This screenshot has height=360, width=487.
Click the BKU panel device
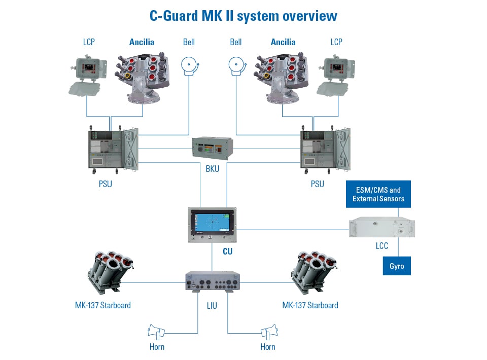(x=213, y=148)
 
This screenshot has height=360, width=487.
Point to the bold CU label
(x=228, y=251)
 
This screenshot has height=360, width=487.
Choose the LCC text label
(x=381, y=246)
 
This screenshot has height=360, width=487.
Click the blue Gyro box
(x=397, y=266)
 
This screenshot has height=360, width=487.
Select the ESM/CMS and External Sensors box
(x=378, y=194)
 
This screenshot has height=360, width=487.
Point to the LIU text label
(x=212, y=306)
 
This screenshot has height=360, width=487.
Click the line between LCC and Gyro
(x=397, y=248)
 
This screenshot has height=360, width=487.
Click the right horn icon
(x=269, y=332)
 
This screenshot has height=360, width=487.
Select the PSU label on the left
(x=105, y=184)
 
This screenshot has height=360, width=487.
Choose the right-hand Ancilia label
(x=283, y=42)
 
